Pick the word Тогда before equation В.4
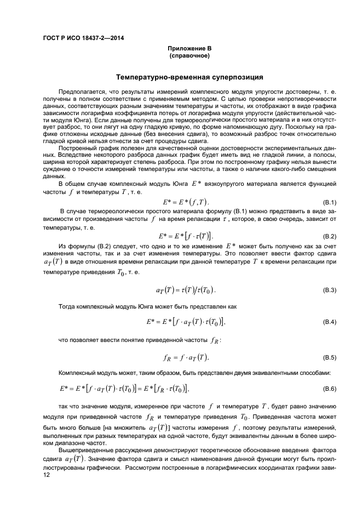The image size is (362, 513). click(x=67, y=305)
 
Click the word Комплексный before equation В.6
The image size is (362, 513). click(x=77, y=373)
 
